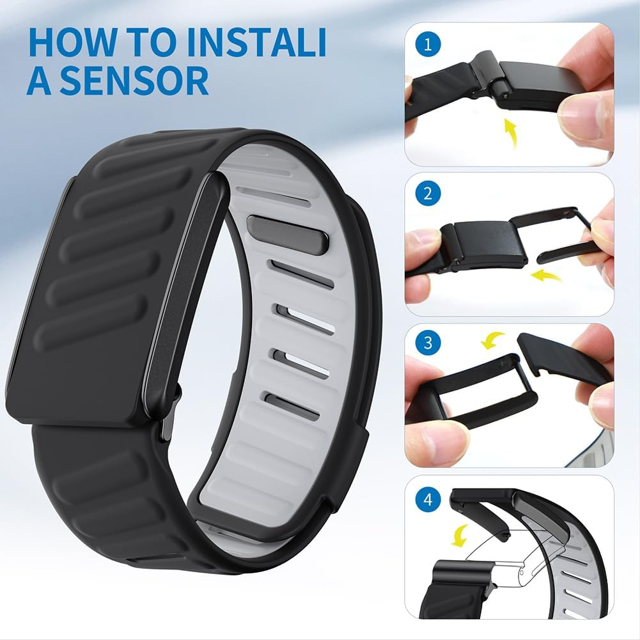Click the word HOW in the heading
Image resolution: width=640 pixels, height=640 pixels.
pyautogui.click(x=68, y=43)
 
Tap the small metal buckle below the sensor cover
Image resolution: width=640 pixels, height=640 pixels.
pyautogui.click(x=170, y=415)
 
